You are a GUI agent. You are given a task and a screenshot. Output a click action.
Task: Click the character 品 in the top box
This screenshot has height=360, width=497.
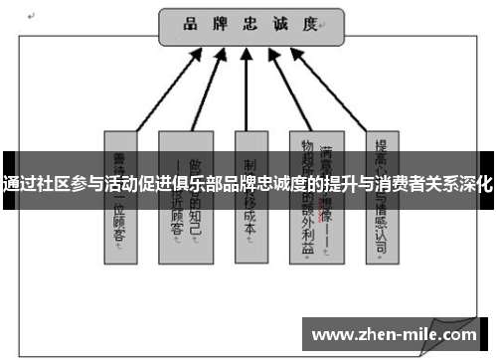(190, 23)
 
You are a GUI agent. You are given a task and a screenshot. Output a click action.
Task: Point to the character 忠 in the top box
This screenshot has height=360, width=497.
(249, 23)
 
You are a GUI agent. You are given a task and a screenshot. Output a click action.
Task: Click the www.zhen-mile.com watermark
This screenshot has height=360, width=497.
(395, 335)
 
